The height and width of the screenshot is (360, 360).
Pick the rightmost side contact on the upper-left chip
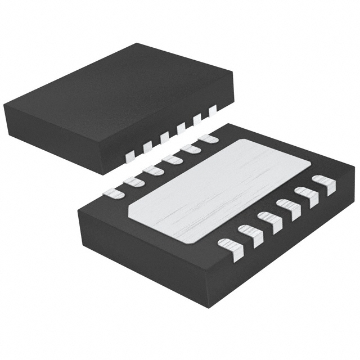pyautogui.click(x=213, y=111)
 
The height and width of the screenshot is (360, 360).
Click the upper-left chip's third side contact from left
pyautogui.click(x=164, y=137)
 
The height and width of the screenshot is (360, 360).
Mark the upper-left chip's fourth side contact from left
pyautogui.click(x=181, y=129)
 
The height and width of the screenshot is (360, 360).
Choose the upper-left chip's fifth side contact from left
pyautogui.click(x=197, y=120)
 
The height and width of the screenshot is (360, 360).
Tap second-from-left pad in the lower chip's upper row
pyautogui.click(x=133, y=182)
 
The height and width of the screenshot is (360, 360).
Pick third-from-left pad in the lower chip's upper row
pyautogui.click(x=152, y=170)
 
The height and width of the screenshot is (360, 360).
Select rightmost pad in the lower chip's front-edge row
pyautogui.click(x=324, y=183)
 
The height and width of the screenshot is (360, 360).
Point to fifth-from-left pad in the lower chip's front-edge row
pyautogui.click(x=307, y=195)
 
